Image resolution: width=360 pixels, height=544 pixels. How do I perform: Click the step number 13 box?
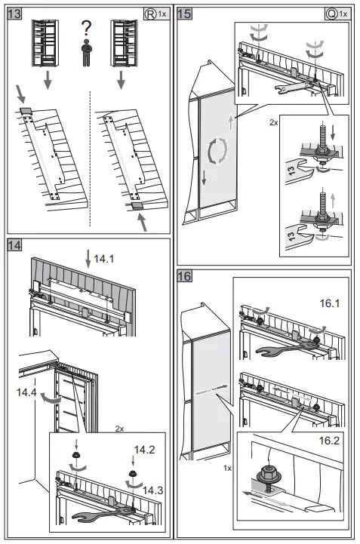[x=14, y=14]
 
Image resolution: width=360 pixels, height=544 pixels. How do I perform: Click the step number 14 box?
[x=14, y=245]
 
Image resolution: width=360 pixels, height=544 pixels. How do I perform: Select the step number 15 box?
[x=184, y=14]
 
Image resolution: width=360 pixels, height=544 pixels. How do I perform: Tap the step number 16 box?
[x=184, y=276]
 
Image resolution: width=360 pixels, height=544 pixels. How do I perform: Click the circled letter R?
[x=150, y=14]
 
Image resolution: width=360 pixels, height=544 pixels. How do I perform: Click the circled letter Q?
[x=332, y=14]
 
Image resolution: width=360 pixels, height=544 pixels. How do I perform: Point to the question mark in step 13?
[x=86, y=28]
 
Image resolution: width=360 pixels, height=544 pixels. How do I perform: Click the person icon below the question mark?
[x=86, y=53]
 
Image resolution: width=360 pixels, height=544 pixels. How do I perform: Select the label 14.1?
[x=104, y=259]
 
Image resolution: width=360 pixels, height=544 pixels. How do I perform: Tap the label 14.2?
[x=144, y=450]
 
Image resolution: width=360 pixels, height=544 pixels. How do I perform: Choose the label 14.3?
[x=152, y=490]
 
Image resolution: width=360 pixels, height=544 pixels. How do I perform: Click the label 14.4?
[x=26, y=392]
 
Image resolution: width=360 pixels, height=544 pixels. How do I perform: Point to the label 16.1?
[x=330, y=303]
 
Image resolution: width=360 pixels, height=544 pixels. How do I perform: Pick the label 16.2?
[x=329, y=441]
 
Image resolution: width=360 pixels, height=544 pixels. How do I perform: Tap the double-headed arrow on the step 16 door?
[x=211, y=389]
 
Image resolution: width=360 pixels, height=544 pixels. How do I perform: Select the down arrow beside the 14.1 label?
[x=88, y=259]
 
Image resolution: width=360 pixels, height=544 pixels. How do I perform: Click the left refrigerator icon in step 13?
[x=45, y=43]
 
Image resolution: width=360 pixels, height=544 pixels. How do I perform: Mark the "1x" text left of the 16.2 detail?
[x=227, y=469]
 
